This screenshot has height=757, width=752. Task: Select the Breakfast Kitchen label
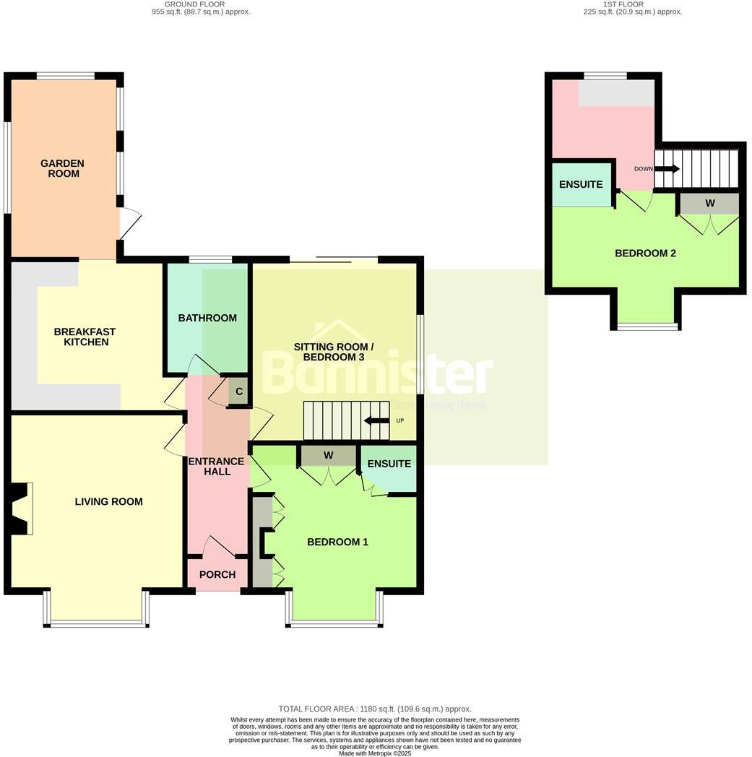[x=85, y=337]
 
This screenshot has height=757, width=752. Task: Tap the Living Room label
[x=108, y=501]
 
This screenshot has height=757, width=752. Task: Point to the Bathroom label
[x=207, y=318]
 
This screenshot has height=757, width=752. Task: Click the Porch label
[x=217, y=574]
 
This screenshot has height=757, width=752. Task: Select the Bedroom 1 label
[x=337, y=542]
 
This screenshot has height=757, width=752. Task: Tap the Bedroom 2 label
[x=645, y=253]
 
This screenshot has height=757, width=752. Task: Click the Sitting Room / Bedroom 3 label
[x=329, y=352]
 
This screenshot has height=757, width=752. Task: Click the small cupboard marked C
[x=238, y=392]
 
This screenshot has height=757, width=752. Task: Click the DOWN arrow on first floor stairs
[x=667, y=169]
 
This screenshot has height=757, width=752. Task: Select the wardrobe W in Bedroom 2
[x=709, y=204]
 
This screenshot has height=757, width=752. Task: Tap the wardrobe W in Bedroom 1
[x=328, y=455]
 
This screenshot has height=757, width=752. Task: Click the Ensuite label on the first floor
[x=582, y=184]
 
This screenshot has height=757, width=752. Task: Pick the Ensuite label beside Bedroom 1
[x=389, y=464]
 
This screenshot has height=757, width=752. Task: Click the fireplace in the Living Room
[x=20, y=509]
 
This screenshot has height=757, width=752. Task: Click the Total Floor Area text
[x=374, y=709]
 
